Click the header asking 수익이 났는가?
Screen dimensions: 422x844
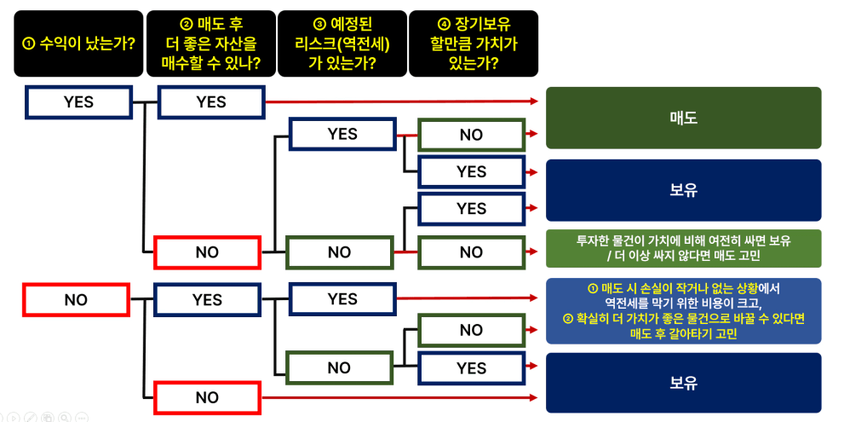(78, 43)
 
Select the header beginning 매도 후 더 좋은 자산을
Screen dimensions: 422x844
(211, 43)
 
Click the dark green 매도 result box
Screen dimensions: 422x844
(683, 118)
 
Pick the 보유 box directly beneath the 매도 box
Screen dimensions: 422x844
(683, 190)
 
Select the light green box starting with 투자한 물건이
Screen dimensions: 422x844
(683, 248)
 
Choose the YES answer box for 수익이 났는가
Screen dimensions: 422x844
(78, 102)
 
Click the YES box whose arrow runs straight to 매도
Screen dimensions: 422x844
(211, 102)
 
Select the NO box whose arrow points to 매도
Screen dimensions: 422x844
(471, 135)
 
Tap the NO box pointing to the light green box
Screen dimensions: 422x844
(471, 252)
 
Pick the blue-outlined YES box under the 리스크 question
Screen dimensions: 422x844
(342, 298)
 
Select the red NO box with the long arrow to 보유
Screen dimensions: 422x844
(207, 397)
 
